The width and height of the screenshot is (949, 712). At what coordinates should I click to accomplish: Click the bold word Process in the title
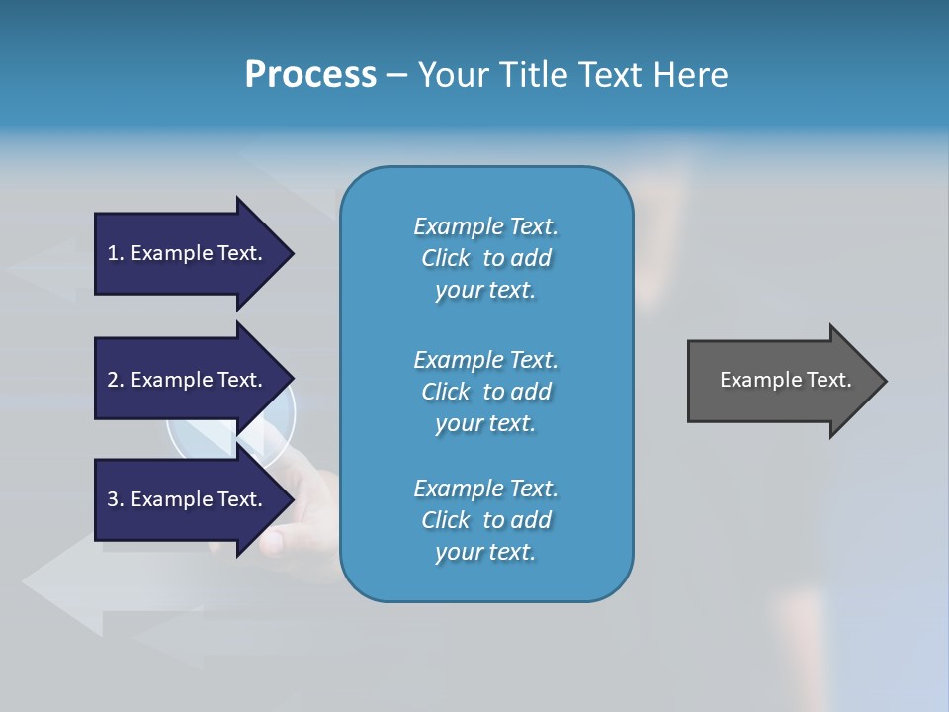310,75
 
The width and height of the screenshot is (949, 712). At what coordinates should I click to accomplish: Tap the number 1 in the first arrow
113,253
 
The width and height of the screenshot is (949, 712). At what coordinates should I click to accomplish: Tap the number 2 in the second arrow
113,380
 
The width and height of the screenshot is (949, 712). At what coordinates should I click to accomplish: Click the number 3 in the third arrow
113,499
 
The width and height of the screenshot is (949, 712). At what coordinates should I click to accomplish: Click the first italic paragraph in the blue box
485,258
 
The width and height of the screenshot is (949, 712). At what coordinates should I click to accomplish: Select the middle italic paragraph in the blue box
485,392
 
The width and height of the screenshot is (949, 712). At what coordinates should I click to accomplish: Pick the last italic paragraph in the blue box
485,520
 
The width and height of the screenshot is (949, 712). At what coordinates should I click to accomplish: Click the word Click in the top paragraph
445,258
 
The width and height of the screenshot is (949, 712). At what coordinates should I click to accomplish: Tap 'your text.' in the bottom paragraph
485,552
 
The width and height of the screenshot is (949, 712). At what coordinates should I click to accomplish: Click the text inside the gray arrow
785,380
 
